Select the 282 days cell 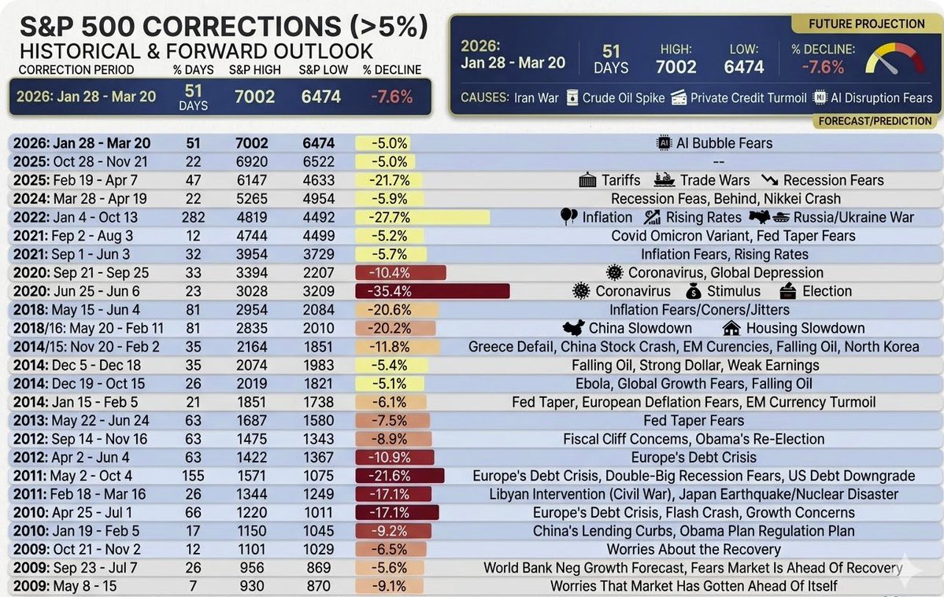(193, 218)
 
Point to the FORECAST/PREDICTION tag (875, 121)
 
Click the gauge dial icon (896, 61)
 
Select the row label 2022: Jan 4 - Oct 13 (85, 218)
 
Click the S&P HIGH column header (254, 70)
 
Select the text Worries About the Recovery (694, 550)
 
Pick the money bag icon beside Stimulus (694, 292)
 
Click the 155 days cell (193, 476)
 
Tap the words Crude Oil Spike (622, 98)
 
